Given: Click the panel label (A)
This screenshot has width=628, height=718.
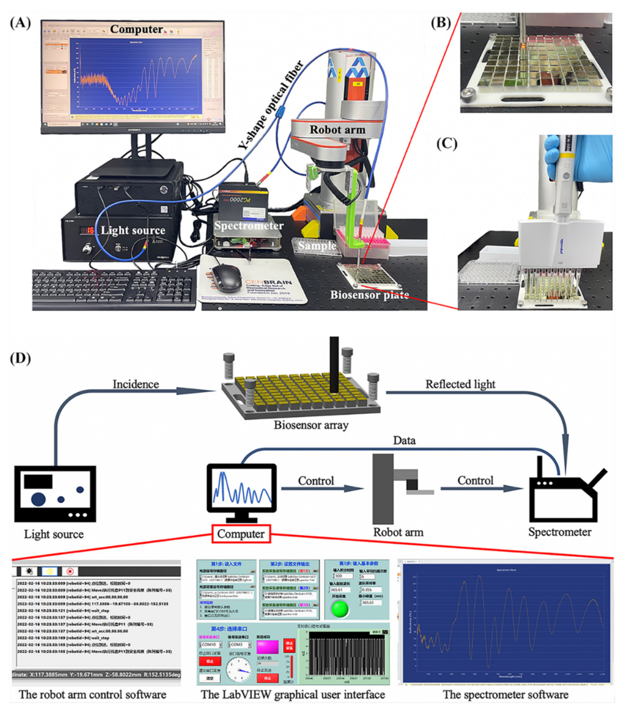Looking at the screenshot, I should pyautogui.click(x=20, y=23).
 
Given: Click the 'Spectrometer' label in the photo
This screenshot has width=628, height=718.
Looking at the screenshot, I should pyautogui.click(x=249, y=226).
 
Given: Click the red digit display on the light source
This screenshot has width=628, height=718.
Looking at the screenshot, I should pyautogui.click(x=87, y=230).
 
